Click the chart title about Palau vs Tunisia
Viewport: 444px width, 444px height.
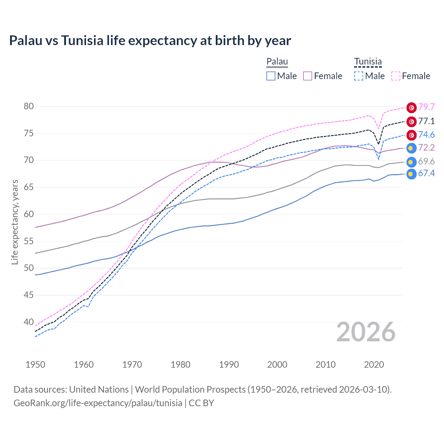(x=150, y=41)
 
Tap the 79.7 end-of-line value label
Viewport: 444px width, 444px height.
(x=426, y=107)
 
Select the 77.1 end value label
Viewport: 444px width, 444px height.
(x=426, y=121)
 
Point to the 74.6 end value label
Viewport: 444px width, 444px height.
(x=426, y=135)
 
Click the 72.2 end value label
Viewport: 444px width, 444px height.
(x=426, y=148)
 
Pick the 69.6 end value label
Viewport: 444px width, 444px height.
(x=426, y=162)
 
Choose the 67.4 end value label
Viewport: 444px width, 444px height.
(x=426, y=173)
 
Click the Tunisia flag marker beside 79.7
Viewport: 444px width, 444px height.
(x=411, y=108)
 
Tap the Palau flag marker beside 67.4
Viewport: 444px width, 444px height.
(x=411, y=174)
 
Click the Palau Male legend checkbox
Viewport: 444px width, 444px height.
(x=271, y=76)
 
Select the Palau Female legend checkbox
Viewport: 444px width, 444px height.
(x=308, y=76)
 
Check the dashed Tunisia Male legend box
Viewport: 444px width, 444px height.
(x=359, y=76)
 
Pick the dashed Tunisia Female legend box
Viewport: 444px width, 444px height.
(x=396, y=76)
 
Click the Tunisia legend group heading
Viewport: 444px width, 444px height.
(x=368, y=62)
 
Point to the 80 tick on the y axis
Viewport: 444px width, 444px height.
(x=29, y=106)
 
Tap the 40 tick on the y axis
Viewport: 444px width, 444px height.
(x=29, y=322)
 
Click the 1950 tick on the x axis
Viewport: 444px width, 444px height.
(x=35, y=365)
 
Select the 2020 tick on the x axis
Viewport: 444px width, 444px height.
(x=374, y=365)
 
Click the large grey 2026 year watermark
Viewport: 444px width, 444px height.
(x=366, y=332)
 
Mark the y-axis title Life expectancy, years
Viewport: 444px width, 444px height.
(x=15, y=222)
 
